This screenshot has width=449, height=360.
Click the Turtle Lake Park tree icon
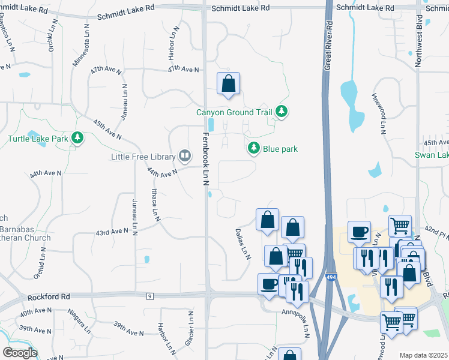click(x=77, y=139)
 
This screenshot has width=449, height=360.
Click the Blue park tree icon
click(x=255, y=148)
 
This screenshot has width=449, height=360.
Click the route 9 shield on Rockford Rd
click(x=149, y=296)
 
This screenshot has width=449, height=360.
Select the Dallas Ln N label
click(x=243, y=243)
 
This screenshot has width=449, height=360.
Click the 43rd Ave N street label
click(x=112, y=231)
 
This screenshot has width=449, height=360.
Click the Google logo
click(x=20, y=353)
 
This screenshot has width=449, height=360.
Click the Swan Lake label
click(x=431, y=155)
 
